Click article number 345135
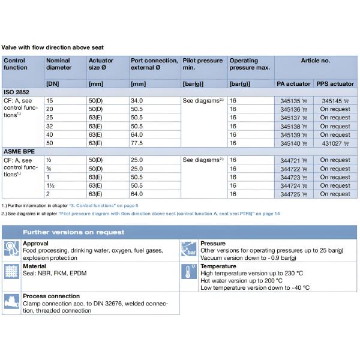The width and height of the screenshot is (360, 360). (x=291, y=101)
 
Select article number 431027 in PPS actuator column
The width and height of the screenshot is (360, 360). (x=332, y=143)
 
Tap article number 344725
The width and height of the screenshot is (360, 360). (x=291, y=194)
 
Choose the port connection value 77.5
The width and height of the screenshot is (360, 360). (x=137, y=143)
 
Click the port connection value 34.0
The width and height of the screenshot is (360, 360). (x=137, y=101)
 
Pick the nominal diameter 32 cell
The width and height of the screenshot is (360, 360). (x=50, y=127)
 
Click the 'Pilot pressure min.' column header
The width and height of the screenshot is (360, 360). (x=202, y=64)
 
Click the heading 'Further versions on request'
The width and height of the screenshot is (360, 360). (x=74, y=232)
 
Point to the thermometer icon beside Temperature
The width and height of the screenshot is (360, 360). (x=190, y=271)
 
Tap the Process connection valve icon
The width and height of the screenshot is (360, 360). (x=11, y=302)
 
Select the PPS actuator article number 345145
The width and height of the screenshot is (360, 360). (x=332, y=101)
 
